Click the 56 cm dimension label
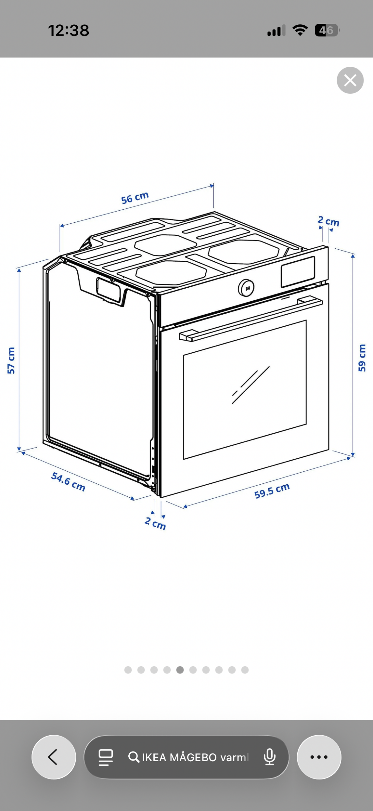click(135, 198)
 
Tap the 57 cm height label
click(11, 361)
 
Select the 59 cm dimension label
click(362, 358)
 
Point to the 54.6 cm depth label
click(68, 482)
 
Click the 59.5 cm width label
click(272, 491)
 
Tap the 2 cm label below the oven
click(155, 523)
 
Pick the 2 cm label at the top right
click(329, 221)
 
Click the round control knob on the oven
click(246, 288)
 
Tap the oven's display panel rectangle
click(298, 271)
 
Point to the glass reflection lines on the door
click(251, 385)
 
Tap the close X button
click(350, 80)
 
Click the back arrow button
click(54, 757)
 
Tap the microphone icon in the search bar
click(269, 757)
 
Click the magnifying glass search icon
click(134, 757)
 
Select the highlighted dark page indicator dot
click(180, 670)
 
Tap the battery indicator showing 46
click(327, 30)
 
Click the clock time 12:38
click(68, 30)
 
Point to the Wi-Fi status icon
click(300, 30)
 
